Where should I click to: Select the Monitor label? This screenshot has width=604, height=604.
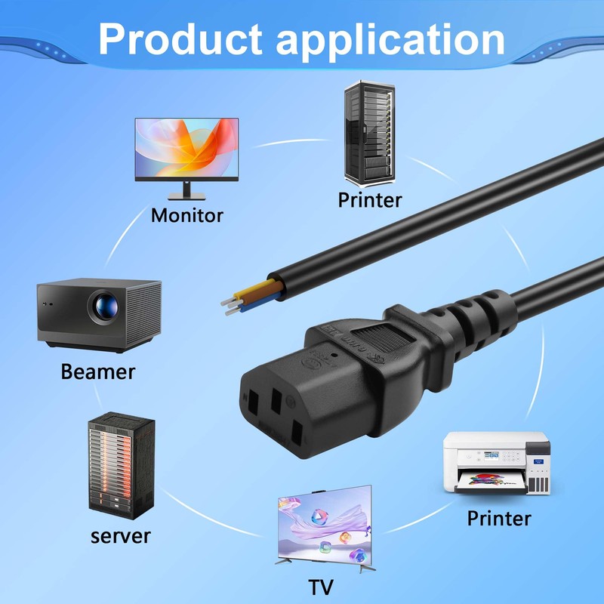[186, 215]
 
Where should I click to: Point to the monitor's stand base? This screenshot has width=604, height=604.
[186, 196]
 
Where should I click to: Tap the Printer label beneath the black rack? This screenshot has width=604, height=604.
[370, 200]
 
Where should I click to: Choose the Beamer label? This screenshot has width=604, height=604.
[98, 371]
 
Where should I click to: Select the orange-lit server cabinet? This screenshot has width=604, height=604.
[121, 464]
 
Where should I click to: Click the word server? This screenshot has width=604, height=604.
[121, 536]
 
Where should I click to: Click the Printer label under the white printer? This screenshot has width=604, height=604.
[498, 519]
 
